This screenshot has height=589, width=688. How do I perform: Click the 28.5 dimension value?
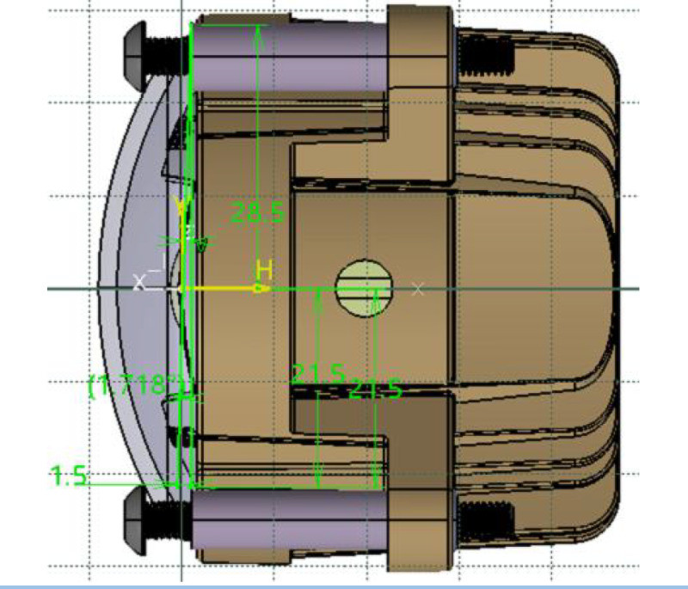pyautogui.click(x=259, y=212)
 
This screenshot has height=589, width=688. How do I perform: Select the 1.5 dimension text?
pyautogui.click(x=69, y=475)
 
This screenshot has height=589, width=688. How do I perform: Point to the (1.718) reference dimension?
pyautogui.click(x=138, y=384)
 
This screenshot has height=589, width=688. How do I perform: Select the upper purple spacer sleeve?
pyautogui.click(x=288, y=53)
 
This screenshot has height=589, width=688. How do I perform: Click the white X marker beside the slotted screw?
pyautogui.click(x=418, y=289)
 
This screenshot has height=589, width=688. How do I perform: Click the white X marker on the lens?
pyautogui.click(x=139, y=281)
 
